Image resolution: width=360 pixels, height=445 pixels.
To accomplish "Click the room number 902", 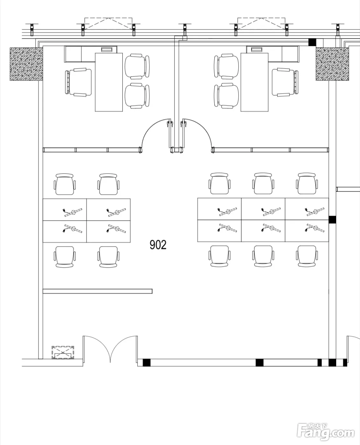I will (x=158, y=245).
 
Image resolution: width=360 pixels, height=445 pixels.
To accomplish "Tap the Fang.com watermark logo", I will (x=326, y=432).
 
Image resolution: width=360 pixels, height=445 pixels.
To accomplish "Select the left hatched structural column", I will (x=26, y=64).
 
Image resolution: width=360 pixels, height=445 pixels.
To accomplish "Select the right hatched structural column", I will (x=332, y=64).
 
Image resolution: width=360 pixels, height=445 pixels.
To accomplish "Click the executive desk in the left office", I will (x=109, y=82).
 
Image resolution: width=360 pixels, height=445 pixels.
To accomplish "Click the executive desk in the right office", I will (x=254, y=82).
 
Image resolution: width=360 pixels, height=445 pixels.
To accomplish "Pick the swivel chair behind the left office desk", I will (x=78, y=82).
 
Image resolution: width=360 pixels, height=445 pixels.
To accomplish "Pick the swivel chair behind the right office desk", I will (x=285, y=82).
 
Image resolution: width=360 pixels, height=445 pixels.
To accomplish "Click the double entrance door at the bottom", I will (x=110, y=348).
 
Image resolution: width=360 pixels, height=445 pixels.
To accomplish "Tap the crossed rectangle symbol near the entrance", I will (x=63, y=353).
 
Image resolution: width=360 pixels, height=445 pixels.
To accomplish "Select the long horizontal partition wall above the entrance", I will (x=97, y=291).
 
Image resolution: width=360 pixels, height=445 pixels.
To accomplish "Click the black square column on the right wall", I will (x=332, y=219).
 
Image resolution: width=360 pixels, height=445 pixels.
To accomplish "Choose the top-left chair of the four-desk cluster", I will (x=65, y=184).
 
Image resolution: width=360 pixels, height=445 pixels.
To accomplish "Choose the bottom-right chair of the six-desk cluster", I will (x=307, y=256).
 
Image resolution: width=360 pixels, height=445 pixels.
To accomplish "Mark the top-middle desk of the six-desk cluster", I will (x=263, y=209).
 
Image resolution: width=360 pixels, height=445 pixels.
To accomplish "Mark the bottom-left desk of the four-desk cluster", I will (x=65, y=231).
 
